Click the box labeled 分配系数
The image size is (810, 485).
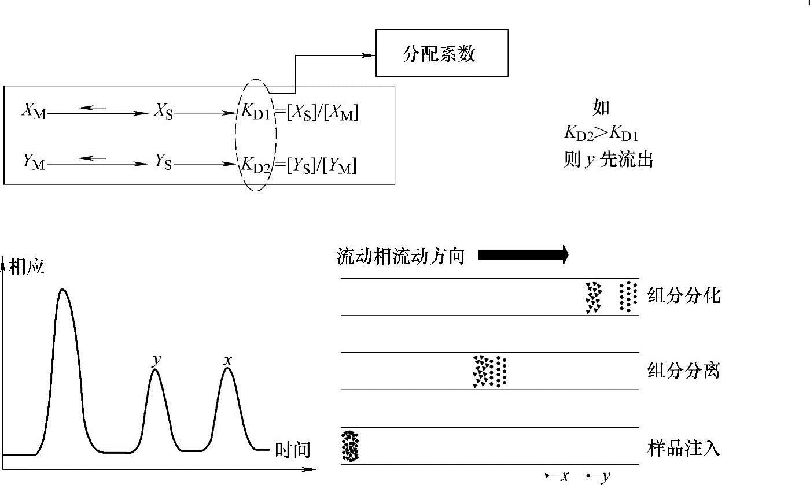point(441,53)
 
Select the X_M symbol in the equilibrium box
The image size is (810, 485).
point(34,112)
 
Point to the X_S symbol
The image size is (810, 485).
point(163,112)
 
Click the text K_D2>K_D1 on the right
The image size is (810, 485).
point(601,134)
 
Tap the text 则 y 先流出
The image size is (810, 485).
point(608,160)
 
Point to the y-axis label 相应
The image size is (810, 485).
point(27,267)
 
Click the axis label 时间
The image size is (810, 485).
point(292,450)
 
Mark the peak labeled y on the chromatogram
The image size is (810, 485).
point(155,370)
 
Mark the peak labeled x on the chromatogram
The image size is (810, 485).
point(227,369)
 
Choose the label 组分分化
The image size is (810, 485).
point(683,296)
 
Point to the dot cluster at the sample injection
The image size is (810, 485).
point(350,446)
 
